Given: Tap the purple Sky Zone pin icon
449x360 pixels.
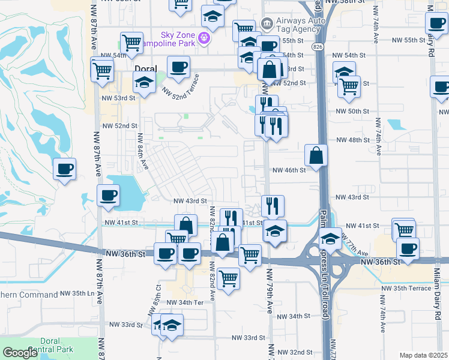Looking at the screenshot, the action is tap(204, 38).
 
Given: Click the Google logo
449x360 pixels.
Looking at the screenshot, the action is tap(20, 353).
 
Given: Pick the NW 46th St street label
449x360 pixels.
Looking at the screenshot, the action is tap(289, 170).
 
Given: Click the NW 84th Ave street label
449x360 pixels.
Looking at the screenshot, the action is tap(143, 150).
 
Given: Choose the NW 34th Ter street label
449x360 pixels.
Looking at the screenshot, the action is tap(187, 302).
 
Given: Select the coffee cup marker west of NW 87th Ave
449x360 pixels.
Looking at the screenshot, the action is tap(64, 169).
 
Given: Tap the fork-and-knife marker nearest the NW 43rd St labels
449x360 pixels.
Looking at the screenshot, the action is tap(273, 206).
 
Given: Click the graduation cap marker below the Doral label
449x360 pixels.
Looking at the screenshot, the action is tap(144, 83).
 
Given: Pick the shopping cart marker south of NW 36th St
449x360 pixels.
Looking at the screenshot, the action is tap(229, 278).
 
